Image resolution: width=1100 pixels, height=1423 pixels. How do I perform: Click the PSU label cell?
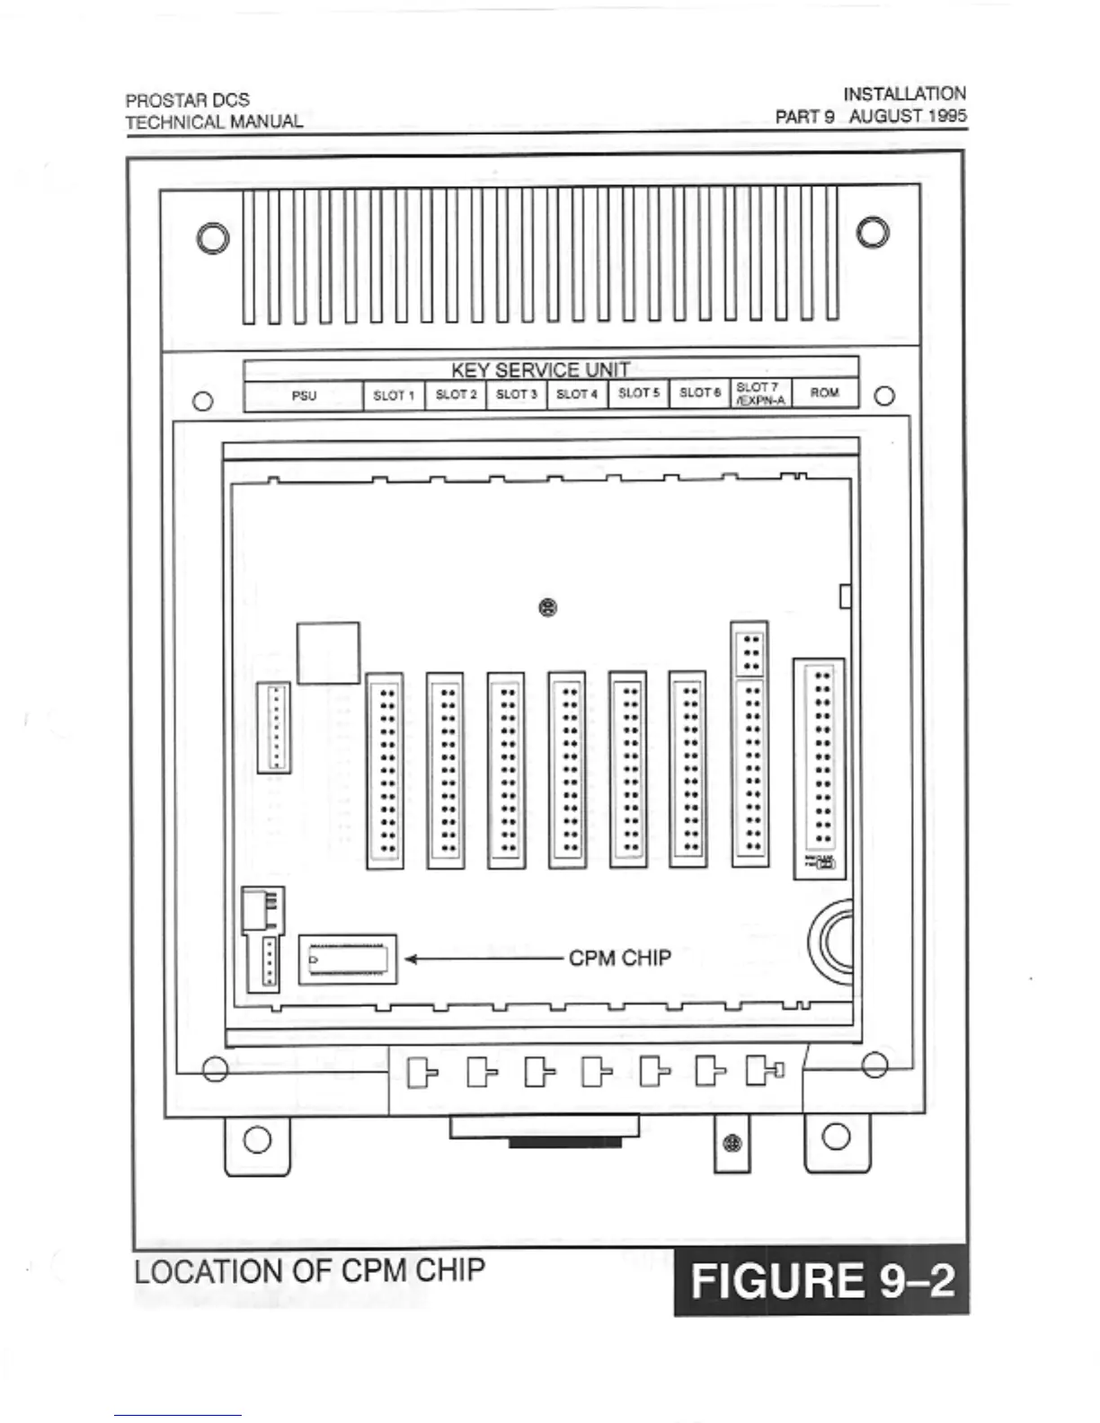click(304, 395)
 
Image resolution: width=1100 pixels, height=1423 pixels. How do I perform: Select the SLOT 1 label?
click(394, 395)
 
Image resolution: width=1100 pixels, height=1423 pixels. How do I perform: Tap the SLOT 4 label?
click(577, 394)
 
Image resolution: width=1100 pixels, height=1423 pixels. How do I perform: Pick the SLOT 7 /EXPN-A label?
click(760, 393)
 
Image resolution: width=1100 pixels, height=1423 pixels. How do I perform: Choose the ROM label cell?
click(824, 393)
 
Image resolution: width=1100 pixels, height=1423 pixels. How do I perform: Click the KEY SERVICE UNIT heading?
click(540, 370)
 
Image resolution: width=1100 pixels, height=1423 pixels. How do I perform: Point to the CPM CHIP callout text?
click(620, 959)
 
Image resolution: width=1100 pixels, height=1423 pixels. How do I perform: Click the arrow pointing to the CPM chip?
click(485, 959)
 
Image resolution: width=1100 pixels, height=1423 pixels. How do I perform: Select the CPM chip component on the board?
click(348, 959)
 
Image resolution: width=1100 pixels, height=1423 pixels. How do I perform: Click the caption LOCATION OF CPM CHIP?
click(309, 1271)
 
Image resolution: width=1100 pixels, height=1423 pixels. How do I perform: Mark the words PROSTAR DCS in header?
click(187, 100)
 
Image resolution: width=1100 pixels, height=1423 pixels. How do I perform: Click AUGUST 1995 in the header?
click(908, 116)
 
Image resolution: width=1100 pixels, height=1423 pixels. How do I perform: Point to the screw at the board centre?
click(547, 608)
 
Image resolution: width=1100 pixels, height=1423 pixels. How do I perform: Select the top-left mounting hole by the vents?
click(213, 238)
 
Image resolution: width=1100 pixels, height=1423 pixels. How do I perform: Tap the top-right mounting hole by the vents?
click(873, 232)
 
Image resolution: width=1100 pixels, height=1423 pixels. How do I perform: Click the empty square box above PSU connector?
click(328, 652)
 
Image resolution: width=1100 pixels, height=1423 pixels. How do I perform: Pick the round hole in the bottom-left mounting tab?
click(257, 1139)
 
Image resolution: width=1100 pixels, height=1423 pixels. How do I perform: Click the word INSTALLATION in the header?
click(904, 93)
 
